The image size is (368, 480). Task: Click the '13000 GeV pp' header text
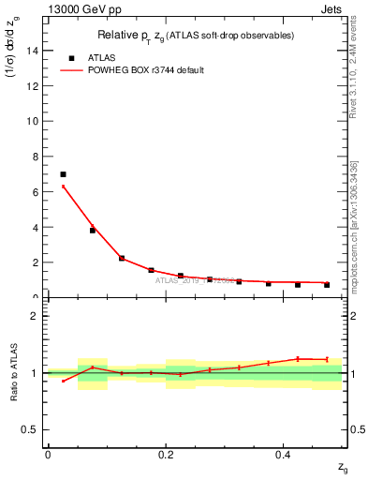pos(77,8)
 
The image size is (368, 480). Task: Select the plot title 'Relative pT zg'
pos(140,36)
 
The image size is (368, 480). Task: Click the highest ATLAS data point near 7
pos(63,174)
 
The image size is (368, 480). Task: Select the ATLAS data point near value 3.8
pos(92,230)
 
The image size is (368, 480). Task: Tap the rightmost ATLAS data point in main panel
pos(327,284)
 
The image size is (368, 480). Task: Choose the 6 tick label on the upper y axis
pos(36,192)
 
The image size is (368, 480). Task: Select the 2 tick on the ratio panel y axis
pos(36,316)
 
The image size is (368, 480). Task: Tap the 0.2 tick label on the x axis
pos(165,455)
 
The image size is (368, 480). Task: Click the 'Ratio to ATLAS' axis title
pos(12,372)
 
